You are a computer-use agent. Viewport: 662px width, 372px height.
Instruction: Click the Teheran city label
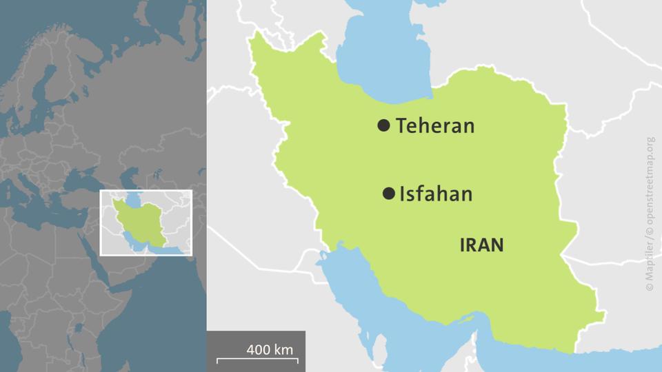435,126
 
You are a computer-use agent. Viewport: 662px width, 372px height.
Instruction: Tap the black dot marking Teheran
383,125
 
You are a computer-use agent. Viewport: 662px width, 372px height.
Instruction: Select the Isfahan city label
437,194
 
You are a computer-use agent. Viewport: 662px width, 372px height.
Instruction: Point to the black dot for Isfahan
388,194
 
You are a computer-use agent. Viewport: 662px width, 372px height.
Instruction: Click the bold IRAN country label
481,245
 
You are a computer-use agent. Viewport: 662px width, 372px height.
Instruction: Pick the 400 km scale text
270,349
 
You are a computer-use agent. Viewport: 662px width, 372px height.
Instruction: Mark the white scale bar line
257,360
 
